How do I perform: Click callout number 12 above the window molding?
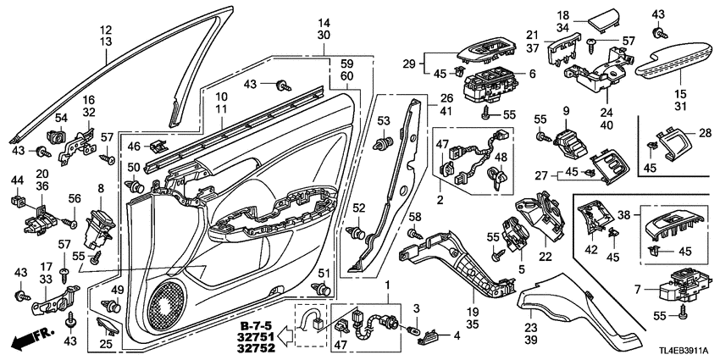click(x=104, y=29)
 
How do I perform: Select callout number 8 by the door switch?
click(x=101, y=189)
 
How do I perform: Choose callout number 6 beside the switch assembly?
click(x=532, y=75)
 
